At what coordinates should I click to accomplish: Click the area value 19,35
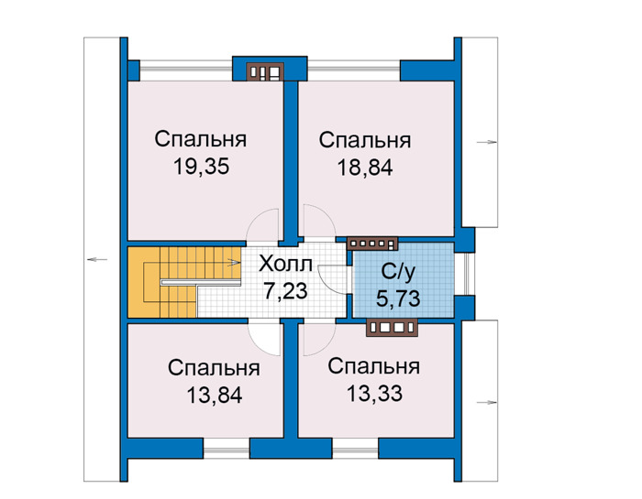point(201,167)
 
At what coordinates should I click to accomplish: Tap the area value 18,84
point(365,168)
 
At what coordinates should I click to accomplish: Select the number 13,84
point(214,396)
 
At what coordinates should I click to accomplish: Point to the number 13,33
point(374,394)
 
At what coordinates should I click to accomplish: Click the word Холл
point(285,264)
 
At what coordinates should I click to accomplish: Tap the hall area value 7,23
point(285,291)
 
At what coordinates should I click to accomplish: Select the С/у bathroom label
point(398,271)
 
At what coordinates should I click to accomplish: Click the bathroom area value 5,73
point(398,298)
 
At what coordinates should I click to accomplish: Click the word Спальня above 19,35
point(201,139)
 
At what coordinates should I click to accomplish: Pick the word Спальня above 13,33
point(374,366)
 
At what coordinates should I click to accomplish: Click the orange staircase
point(183,282)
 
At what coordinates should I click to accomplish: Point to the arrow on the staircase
point(234,263)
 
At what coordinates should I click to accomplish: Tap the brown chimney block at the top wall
point(265,72)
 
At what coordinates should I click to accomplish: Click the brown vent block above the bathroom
point(372,244)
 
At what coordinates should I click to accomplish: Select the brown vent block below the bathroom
point(393,328)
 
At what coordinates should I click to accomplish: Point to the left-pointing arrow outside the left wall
point(97,259)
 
